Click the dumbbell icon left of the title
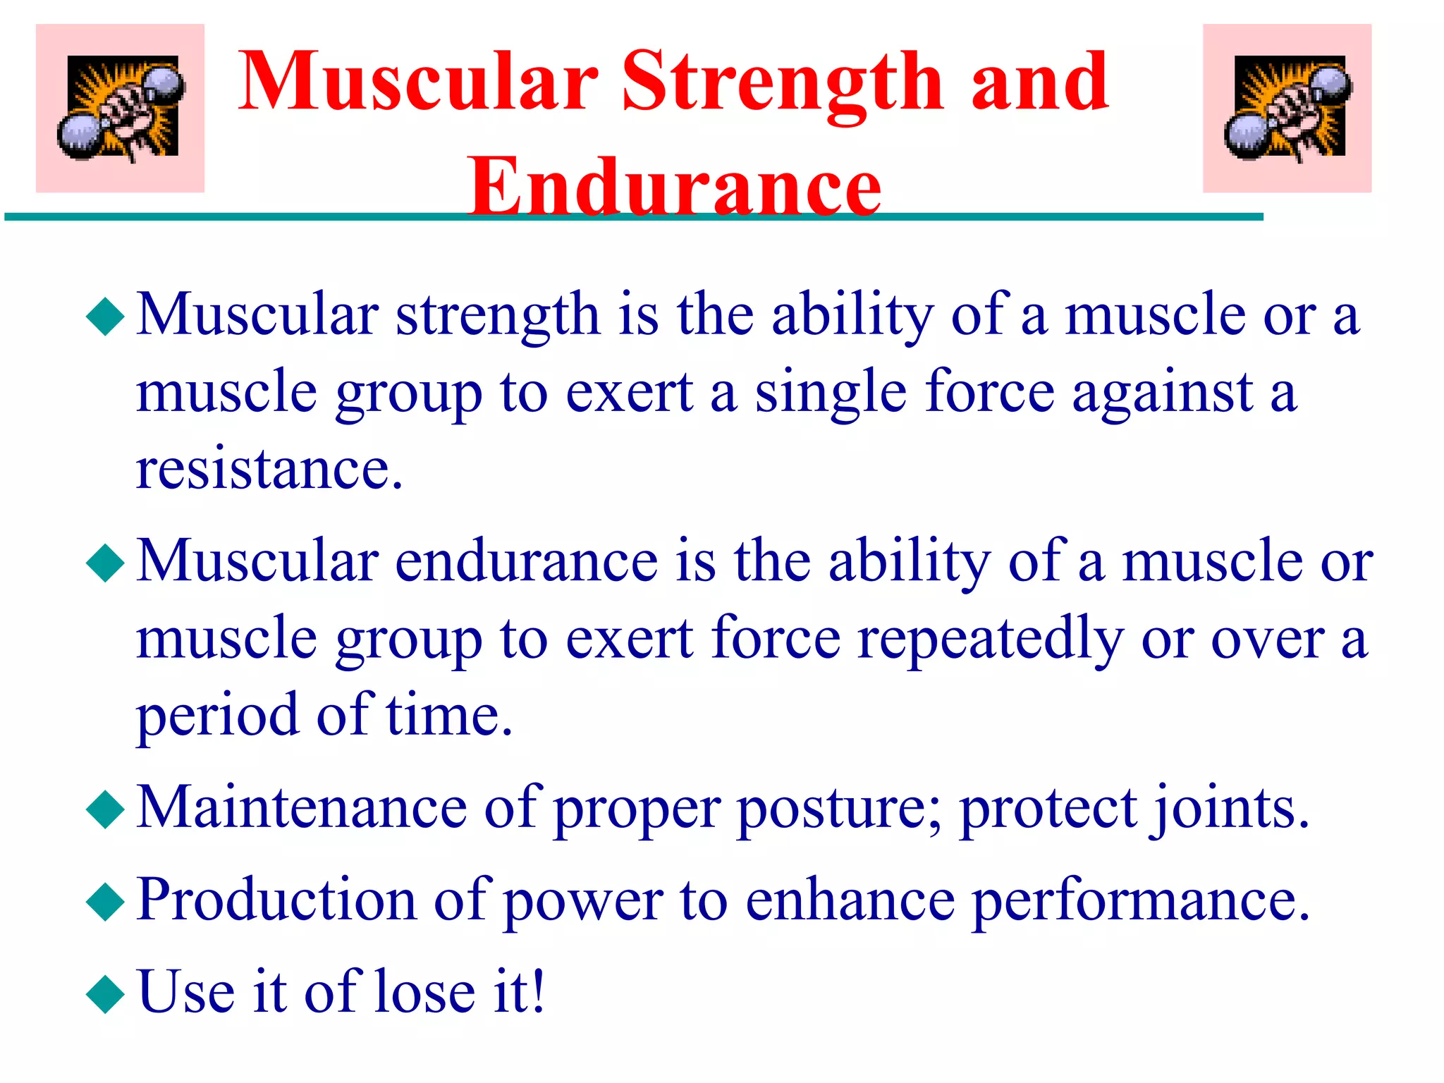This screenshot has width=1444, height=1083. pyautogui.click(x=121, y=108)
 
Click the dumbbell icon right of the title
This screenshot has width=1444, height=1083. pyautogui.click(x=1287, y=108)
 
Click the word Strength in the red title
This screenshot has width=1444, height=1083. pyautogui.click(x=783, y=82)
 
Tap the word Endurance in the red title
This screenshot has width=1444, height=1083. pyautogui.click(x=675, y=186)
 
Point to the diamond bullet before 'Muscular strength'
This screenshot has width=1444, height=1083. pyautogui.click(x=105, y=317)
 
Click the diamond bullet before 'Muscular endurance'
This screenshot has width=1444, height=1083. pyautogui.click(x=105, y=563)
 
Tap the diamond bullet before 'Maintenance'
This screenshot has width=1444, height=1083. pyautogui.click(x=105, y=809)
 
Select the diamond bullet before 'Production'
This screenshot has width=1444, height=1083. pyautogui.click(x=105, y=902)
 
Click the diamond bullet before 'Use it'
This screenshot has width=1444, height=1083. pyautogui.click(x=105, y=994)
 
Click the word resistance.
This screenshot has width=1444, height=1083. pyautogui.click(x=269, y=470)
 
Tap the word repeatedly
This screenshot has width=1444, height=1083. pyautogui.click(x=989, y=639)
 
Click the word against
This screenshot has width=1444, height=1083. pyautogui.click(x=1162, y=392)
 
